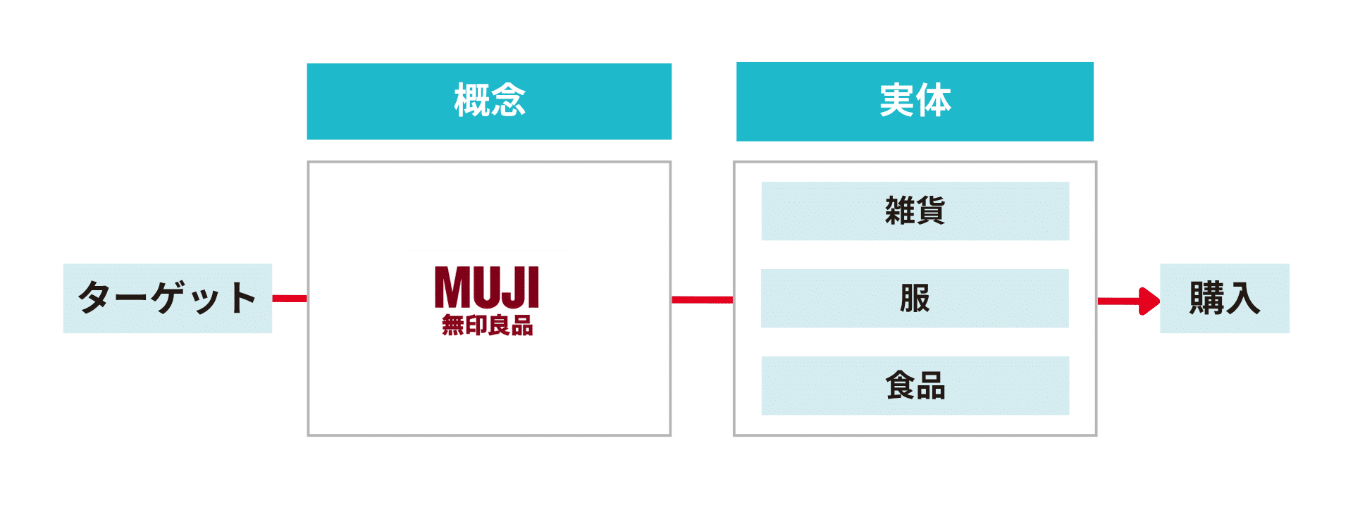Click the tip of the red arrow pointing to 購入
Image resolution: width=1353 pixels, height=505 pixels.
(1160, 301)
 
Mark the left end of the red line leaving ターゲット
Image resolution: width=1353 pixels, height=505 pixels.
(273, 299)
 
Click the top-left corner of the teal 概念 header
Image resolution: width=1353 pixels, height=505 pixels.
(307, 63)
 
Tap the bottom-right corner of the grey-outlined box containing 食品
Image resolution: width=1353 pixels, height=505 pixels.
(1096, 435)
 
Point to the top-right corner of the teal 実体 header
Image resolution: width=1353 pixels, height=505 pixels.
(1094, 62)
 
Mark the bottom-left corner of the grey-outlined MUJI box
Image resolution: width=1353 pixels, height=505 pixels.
(308, 435)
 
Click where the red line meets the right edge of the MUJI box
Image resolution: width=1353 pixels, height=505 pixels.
(671, 299)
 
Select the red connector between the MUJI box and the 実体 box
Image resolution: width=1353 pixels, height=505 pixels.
(703, 299)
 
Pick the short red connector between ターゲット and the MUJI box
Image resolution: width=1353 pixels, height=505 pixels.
(290, 299)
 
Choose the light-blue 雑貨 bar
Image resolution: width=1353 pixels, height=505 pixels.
(915, 211)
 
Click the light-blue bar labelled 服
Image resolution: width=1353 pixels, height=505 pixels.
(915, 298)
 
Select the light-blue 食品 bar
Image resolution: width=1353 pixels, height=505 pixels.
(915, 385)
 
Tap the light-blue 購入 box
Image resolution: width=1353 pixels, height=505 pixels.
(1225, 298)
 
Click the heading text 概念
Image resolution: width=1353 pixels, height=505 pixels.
(490, 100)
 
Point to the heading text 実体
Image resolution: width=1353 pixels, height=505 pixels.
(915, 100)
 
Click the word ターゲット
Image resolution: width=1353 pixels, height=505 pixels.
(167, 298)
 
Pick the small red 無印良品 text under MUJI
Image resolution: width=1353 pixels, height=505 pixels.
(487, 325)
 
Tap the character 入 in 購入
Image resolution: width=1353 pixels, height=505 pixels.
(1243, 298)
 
